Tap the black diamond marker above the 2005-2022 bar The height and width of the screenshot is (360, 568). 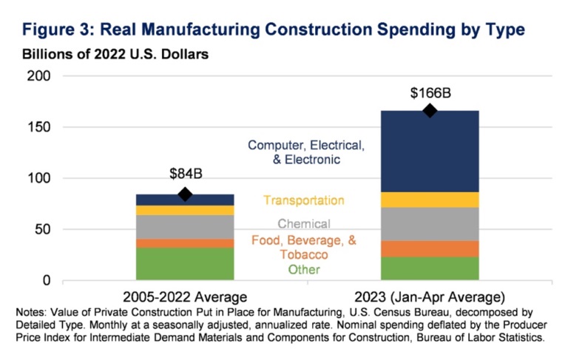tap(185, 194)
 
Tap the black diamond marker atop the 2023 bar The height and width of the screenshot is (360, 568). tap(430, 111)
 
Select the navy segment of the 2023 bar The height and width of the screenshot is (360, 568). tap(430, 151)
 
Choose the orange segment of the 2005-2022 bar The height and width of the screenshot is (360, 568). tap(185, 243)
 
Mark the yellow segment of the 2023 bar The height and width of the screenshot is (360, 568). tap(430, 200)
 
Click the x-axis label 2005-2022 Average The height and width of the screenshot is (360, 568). tap(185, 297)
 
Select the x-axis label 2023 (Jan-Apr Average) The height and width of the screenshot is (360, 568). tap(430, 297)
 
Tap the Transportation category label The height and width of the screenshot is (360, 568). tap(304, 200)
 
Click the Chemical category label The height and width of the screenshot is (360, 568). tap(304, 224)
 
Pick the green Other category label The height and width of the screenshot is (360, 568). tap(304, 270)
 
